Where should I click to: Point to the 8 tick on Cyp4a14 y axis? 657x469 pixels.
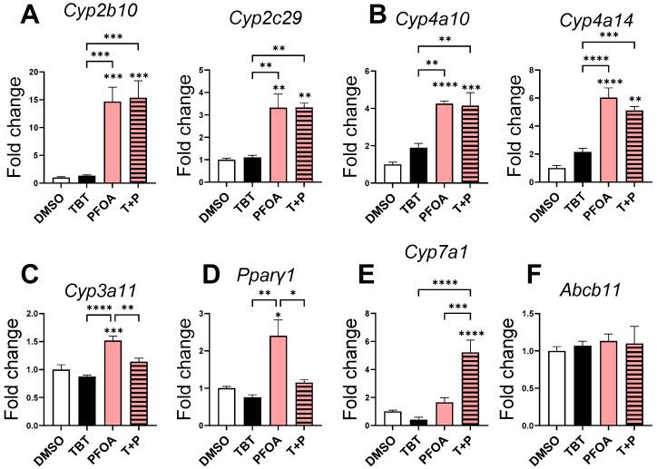tap(535, 71)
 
